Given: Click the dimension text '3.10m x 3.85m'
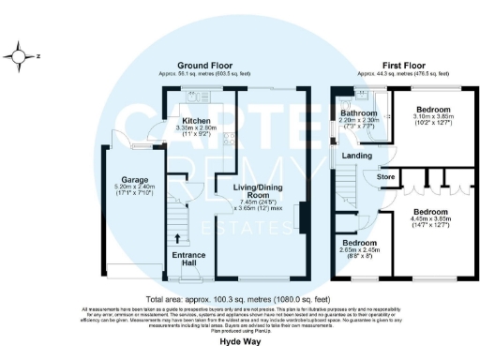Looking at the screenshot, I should pyautogui.click(x=435, y=116).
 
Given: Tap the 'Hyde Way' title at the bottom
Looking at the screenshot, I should pyautogui.click(x=240, y=343).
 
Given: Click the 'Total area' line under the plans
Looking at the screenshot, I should pyautogui.click(x=240, y=298).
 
